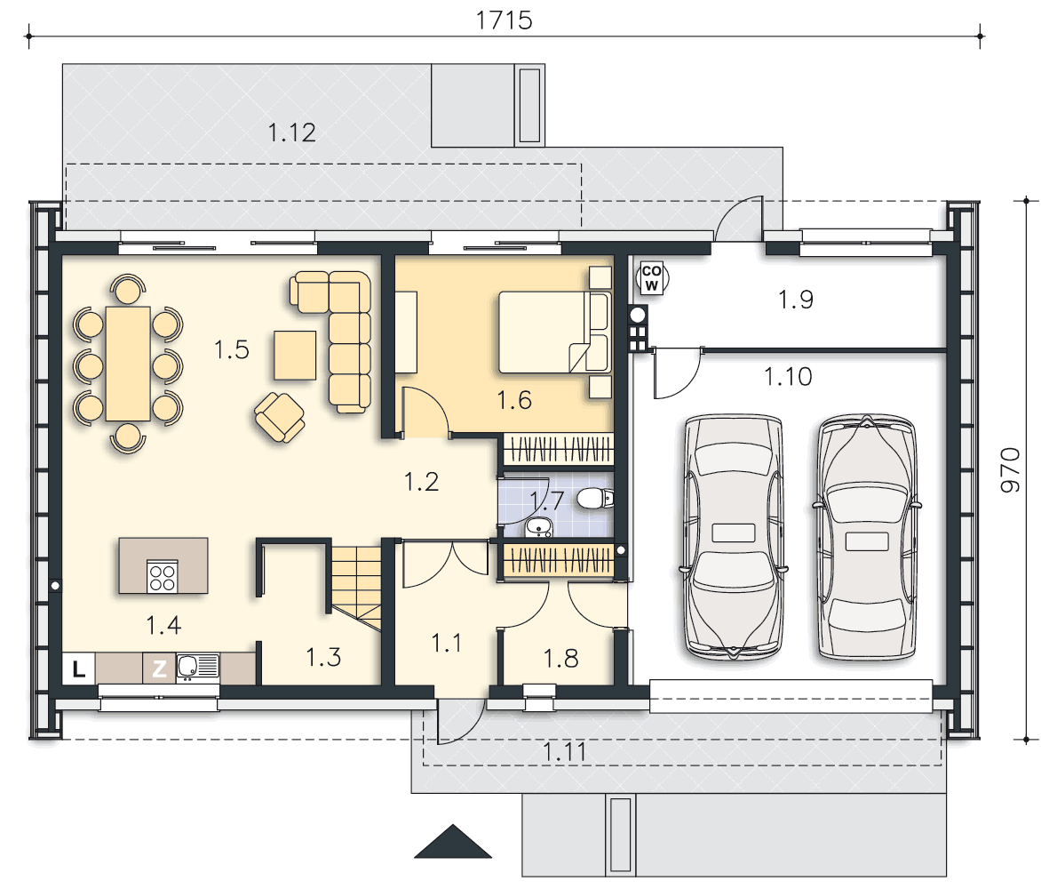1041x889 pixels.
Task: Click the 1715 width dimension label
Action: [x=504, y=20]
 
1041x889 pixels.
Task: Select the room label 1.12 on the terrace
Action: [x=291, y=132]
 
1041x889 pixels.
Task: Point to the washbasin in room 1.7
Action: [x=538, y=527]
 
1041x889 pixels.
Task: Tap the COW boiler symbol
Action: [x=651, y=278]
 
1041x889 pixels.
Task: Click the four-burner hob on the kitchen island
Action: [x=162, y=576]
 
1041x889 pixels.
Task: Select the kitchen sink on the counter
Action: [x=197, y=667]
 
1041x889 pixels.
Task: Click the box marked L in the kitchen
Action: [x=79, y=669]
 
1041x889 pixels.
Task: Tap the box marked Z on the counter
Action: [x=159, y=669]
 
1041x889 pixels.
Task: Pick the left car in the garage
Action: [x=733, y=537]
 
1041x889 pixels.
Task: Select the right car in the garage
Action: [x=866, y=537]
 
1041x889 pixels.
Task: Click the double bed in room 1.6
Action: [x=553, y=332]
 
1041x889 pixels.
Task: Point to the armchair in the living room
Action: [x=280, y=417]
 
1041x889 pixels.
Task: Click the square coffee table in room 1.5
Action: [x=295, y=355]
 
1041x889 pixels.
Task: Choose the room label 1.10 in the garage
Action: [x=787, y=377]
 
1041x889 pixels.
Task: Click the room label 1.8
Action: [x=561, y=659]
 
